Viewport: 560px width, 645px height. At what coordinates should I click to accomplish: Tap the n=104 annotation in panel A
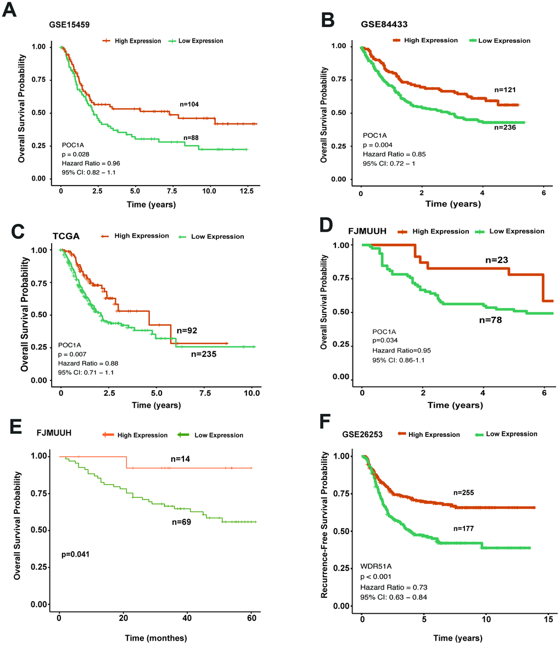pos(192,103)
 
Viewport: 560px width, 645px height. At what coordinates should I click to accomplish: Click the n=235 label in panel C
pos(204,354)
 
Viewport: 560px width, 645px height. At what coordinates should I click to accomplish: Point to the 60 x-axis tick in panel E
pos(252,619)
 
